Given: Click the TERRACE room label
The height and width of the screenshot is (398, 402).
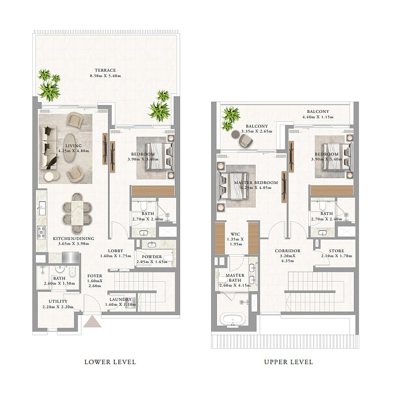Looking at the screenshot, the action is pos(105,70).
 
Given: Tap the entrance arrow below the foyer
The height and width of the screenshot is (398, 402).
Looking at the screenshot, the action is pos(92,321).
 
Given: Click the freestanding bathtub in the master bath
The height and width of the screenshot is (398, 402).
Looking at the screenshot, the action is pos(233,319).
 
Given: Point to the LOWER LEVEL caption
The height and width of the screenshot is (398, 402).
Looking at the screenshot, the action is pos(110,362).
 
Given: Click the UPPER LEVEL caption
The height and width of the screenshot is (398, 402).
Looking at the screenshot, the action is pos(289,362).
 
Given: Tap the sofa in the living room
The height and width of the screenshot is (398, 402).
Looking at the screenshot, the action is pos(48,148).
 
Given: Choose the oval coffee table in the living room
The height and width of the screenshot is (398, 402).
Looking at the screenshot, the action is pos(69,148).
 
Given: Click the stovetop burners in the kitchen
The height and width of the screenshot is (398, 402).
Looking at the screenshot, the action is pos(41,233).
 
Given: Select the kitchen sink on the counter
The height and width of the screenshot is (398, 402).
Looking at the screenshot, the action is pos(42,207).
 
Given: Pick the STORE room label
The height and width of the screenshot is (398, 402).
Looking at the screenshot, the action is pos(336,251).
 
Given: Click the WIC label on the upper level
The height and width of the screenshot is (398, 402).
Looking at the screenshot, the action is pos(235,234).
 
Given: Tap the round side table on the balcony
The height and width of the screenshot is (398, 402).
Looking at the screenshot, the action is pos(235,134).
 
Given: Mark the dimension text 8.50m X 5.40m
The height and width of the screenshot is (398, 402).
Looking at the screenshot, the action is pos(105,76).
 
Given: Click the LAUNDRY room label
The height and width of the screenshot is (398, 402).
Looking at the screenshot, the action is pos(120,299).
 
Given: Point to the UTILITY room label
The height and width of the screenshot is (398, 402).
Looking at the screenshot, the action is pos(58,301).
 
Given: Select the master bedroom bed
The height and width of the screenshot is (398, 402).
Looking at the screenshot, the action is pos(233,186).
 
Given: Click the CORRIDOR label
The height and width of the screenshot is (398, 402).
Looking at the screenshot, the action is pos(288,251).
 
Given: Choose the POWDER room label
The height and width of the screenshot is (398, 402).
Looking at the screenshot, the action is pos(152,257).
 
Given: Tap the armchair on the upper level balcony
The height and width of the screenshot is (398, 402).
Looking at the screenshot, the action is pos(245,141).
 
